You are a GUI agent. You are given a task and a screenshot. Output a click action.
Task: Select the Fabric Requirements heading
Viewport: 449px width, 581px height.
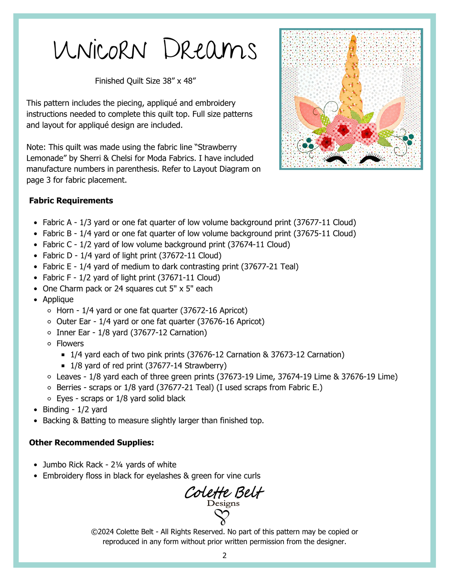point(71,201)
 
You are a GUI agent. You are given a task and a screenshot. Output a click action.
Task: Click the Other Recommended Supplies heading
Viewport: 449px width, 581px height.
point(91,443)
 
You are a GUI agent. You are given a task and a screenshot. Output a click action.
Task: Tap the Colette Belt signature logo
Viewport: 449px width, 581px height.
point(224,493)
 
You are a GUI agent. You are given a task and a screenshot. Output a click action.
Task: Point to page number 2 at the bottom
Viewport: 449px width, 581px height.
point(224,556)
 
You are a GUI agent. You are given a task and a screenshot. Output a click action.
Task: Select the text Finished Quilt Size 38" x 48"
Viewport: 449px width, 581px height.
point(145,81)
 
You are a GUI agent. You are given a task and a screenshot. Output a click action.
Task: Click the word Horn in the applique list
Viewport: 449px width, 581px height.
point(65,310)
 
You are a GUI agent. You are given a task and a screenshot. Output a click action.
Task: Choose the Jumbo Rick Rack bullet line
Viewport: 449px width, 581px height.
point(109,465)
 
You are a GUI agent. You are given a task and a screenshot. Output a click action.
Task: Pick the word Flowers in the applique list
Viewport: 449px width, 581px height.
point(70,343)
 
